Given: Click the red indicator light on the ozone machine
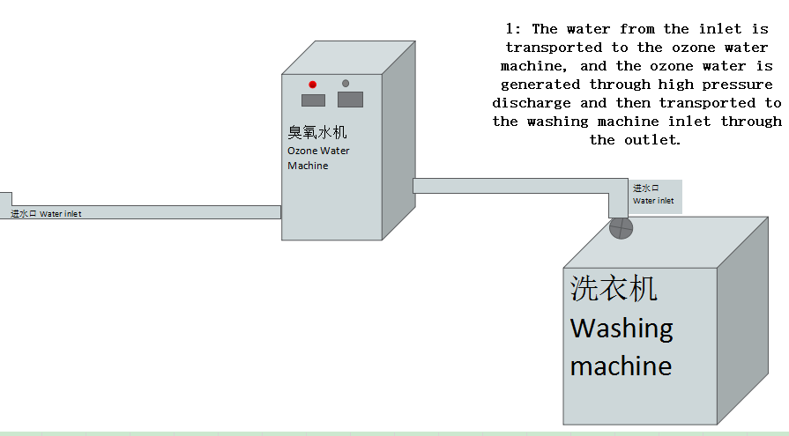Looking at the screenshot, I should pyautogui.click(x=312, y=85).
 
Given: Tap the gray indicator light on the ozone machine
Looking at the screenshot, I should pyautogui.click(x=346, y=84).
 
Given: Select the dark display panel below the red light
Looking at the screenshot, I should pyautogui.click(x=314, y=100).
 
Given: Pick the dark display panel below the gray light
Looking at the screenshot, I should pyautogui.click(x=350, y=100).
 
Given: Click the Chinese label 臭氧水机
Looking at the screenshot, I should pyautogui.click(x=317, y=133).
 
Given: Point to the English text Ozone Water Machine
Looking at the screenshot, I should pyautogui.click(x=318, y=158).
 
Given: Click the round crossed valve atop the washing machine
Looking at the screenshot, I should pyautogui.click(x=622, y=228).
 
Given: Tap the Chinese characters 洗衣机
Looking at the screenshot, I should pyautogui.click(x=614, y=288).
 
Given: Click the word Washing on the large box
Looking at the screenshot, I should pyautogui.click(x=622, y=329).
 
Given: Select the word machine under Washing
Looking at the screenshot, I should pyautogui.click(x=621, y=365).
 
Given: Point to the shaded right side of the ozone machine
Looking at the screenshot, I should pyautogui.click(x=398, y=141).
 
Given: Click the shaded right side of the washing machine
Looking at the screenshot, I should pyautogui.click(x=752, y=326).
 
